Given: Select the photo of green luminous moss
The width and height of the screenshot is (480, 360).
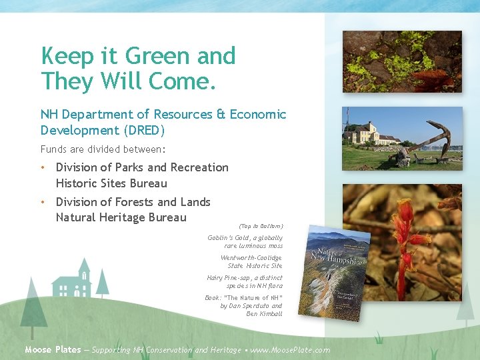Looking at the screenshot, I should point(401,61).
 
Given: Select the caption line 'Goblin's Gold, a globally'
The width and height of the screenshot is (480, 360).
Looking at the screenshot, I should point(245,237).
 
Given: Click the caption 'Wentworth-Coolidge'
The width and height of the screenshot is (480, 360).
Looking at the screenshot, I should point(251,257).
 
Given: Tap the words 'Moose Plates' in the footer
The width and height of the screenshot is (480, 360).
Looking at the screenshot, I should point(53,349).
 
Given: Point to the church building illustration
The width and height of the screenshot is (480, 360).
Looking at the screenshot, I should point(73,283).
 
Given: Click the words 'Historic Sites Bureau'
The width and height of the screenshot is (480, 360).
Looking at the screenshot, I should point(111,183).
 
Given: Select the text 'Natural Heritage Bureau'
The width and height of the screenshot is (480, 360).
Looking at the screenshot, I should point(121,217).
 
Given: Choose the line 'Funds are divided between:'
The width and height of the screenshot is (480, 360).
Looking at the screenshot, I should point(103,149).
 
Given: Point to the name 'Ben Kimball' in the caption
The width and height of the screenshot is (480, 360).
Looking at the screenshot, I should point(265,314).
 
